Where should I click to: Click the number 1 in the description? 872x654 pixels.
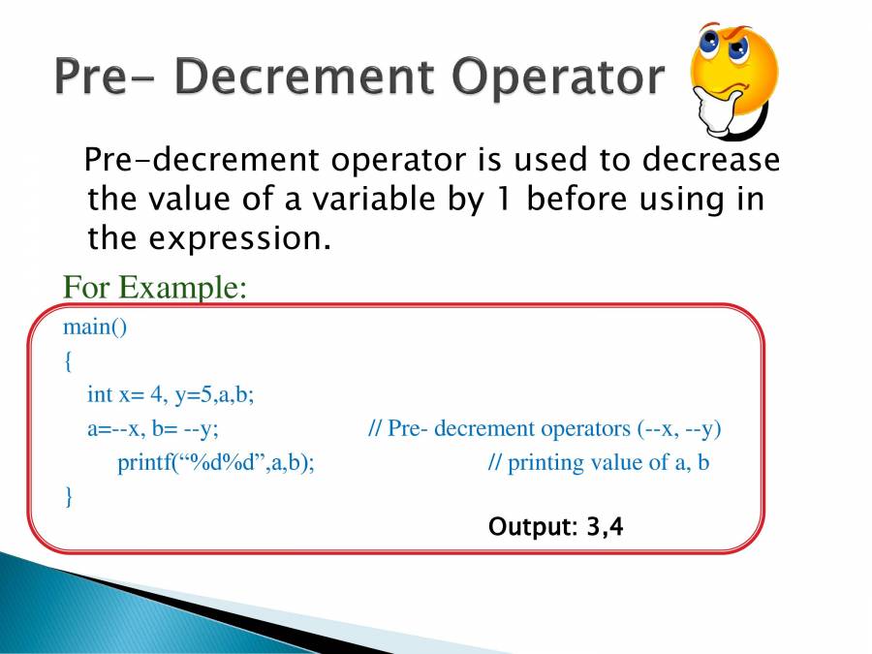pos(502,199)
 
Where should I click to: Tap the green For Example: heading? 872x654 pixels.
pos(155,288)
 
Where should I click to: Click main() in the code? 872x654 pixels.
pos(95,327)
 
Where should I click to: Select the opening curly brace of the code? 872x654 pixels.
pos(68,361)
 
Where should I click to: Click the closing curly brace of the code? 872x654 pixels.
pos(69,496)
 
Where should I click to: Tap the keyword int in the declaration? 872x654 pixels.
pos(100,394)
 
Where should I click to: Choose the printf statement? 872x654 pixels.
pos(216,463)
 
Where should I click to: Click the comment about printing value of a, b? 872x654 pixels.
pos(599,463)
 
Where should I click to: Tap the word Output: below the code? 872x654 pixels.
pos(533,527)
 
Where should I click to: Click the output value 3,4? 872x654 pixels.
pos(605,527)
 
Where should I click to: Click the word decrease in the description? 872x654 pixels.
pos(711,160)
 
